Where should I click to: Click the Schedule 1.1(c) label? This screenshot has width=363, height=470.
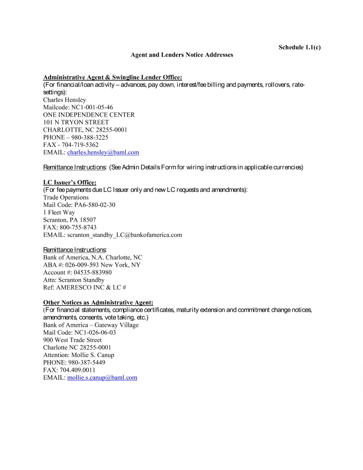(299, 47)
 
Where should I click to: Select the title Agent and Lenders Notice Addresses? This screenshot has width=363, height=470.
(182, 55)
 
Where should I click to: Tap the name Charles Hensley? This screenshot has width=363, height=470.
(64, 100)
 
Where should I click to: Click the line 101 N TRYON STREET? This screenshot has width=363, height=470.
(76, 122)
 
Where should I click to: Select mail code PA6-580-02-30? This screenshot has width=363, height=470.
(95, 205)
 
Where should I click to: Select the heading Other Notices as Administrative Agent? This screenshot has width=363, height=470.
(98, 302)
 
